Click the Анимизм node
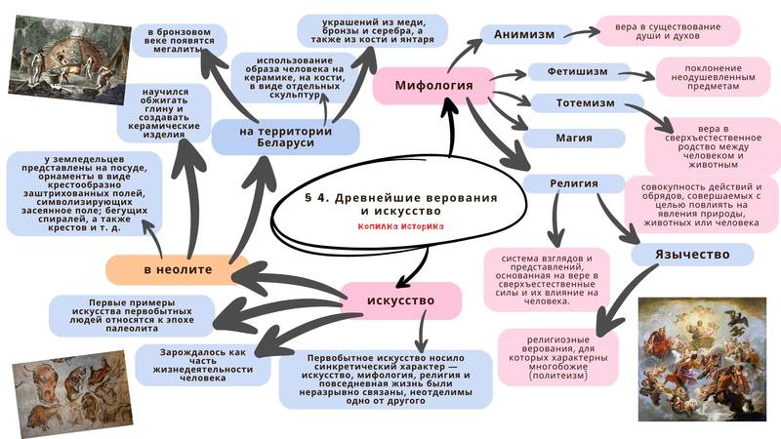point(524,34)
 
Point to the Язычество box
point(693,255)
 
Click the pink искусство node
point(400,299)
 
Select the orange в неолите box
point(177,267)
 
